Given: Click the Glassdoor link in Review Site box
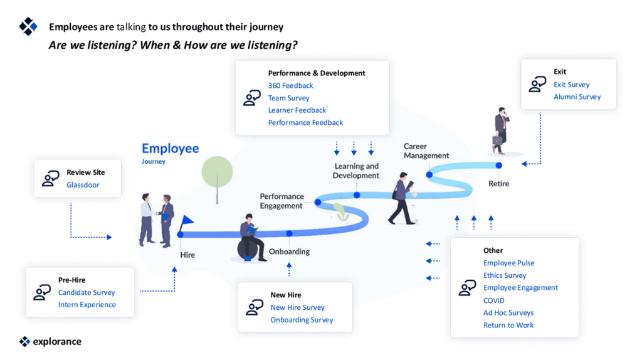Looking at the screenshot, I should coord(83,185).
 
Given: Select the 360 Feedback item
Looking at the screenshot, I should coord(290,85).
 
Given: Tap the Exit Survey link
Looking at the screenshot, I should coord(571,85).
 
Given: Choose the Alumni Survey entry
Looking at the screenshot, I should coord(577,97).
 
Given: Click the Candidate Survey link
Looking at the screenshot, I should coord(87,293).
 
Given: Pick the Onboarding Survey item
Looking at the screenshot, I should coord(302,320).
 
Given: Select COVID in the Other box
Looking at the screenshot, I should coord(493,300).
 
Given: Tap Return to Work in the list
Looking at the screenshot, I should coord(508,325).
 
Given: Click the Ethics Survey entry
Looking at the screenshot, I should coord(505,275).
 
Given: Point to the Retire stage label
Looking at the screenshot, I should coord(498,184).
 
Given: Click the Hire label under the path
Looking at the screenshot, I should coord(187,255).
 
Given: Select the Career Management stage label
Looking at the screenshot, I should coord(426,151).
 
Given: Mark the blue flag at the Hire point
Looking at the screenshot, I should coord(186,222).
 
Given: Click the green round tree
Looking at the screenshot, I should coord(217,171).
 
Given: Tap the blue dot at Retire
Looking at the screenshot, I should coord(499,166).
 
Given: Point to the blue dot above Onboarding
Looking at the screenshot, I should coord(289,234).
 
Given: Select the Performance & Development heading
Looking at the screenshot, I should coord(317,73).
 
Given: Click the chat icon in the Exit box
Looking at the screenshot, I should coord(537,85).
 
